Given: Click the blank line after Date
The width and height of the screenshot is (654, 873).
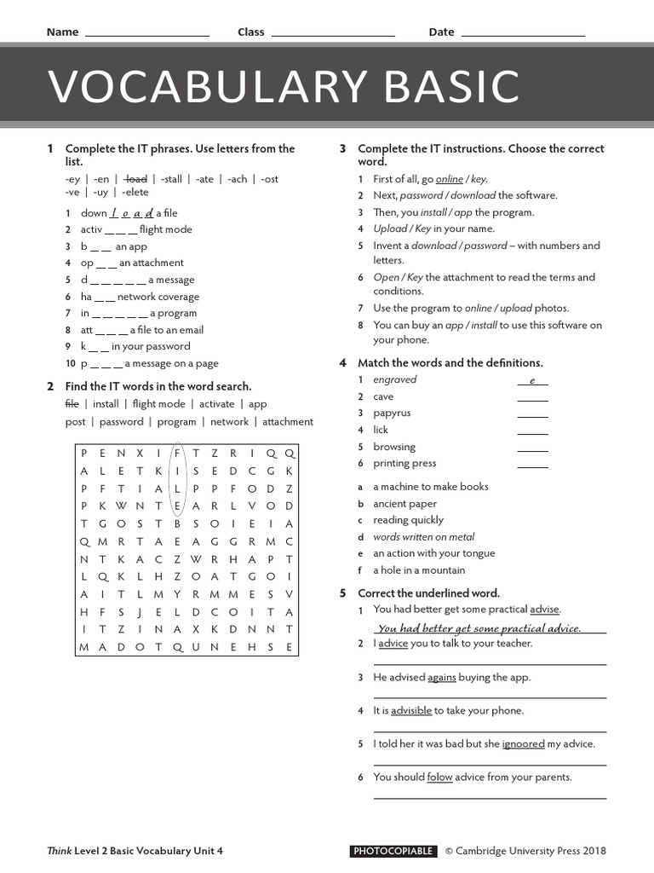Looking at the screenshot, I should pyautogui.click(x=522, y=34).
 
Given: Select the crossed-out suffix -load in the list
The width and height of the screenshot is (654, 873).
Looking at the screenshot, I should pyautogui.click(x=135, y=179).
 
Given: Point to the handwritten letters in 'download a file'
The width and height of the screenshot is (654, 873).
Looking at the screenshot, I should pyautogui.click(x=131, y=213).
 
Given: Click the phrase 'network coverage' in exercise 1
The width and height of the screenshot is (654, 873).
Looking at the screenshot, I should pyautogui.click(x=158, y=297).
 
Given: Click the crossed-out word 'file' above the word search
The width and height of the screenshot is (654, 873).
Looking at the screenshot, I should pyautogui.click(x=72, y=404).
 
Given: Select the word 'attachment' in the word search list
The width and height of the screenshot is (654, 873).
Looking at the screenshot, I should pyautogui.click(x=287, y=422).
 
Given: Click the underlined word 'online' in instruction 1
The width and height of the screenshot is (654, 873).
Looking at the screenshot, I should pyautogui.click(x=450, y=179).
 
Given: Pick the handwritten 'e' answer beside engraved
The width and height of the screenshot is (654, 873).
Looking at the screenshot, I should pyautogui.click(x=532, y=380).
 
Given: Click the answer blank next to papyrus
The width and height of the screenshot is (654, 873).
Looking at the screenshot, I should pyautogui.click(x=532, y=414).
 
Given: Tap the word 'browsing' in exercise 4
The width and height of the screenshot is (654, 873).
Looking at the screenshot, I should pyautogui.click(x=394, y=447).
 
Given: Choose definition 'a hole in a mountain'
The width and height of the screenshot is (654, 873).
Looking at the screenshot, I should pyautogui.click(x=419, y=570).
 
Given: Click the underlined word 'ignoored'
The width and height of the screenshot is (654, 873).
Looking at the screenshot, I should pyautogui.click(x=523, y=744).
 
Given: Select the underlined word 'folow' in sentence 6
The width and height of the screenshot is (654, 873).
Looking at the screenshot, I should pyautogui.click(x=439, y=778).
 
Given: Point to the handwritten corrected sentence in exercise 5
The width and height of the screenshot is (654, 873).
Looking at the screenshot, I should pyautogui.click(x=479, y=628).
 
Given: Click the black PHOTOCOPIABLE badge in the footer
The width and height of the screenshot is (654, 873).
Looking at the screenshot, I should pyautogui.click(x=393, y=851).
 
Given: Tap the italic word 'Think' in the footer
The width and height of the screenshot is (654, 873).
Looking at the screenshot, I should pyautogui.click(x=60, y=851).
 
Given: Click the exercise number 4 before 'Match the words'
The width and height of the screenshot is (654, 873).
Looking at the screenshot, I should pyautogui.click(x=342, y=363).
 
